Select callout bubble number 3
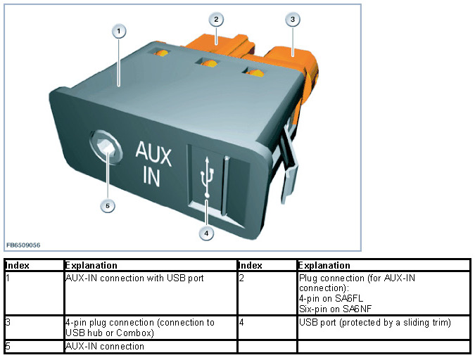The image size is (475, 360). coord(291,19)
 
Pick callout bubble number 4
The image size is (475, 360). coord(206,233)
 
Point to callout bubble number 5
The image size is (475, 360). coord(107,205)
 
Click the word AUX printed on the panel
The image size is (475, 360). coord(153,152)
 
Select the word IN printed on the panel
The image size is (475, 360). coord(152,176)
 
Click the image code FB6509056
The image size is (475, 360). coord(24,245)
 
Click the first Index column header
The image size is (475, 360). coord(17,266)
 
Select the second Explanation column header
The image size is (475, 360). coord(324,266)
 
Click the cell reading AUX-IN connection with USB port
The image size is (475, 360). coord(134,278)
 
